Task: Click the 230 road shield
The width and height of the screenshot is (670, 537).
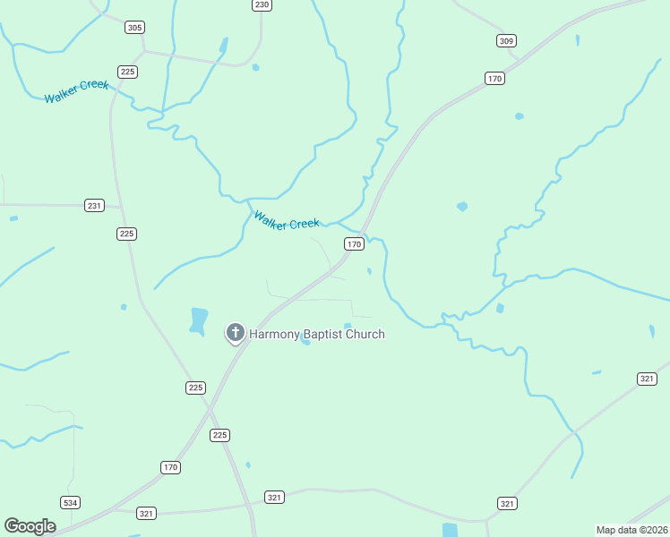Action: pos(261,4)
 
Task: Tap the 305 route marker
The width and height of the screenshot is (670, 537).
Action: pos(134,28)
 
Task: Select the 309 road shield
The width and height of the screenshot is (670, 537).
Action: pos(507,40)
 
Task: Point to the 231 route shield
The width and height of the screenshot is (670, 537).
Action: pos(95,206)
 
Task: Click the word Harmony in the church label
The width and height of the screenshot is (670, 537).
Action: pos(278,334)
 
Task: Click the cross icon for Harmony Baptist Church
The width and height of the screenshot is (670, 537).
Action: pos(235,333)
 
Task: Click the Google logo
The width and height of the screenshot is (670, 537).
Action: pos(30,525)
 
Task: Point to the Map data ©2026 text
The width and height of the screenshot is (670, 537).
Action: pos(631,530)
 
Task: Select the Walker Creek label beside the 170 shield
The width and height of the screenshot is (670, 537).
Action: pos(286,220)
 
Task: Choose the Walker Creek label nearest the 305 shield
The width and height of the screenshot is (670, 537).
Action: pos(76,91)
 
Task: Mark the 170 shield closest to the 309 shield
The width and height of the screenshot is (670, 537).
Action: pos(494,79)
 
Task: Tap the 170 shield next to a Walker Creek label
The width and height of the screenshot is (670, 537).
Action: pos(354,243)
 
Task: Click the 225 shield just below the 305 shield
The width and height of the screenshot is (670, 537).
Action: pos(127,72)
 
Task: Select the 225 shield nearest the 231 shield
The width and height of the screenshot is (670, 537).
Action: pos(126,234)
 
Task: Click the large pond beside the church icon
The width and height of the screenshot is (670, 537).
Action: pos(199,320)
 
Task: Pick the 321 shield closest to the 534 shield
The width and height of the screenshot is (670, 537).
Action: pos(147,513)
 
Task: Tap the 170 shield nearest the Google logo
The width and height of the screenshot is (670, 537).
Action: pos(171,467)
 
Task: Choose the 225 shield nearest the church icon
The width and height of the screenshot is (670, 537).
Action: pos(196,388)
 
